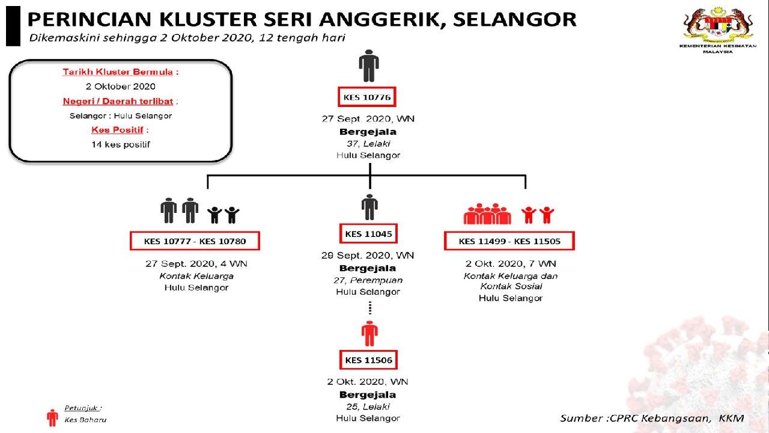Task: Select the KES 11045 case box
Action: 369,233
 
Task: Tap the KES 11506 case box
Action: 369,360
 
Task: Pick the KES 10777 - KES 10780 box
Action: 194,241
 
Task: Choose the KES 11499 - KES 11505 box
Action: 509,241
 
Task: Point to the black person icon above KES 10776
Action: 369,65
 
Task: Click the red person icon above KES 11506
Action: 369,334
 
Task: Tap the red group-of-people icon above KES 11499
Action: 487,214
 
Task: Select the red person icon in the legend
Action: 52,417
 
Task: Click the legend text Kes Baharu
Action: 85,420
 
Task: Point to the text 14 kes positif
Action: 120,144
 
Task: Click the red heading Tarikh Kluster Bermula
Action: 120,72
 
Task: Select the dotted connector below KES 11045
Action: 370,309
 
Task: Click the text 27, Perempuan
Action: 368,280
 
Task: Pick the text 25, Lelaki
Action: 368,407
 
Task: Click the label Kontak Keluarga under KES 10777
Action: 196,276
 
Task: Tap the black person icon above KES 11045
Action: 369,207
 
